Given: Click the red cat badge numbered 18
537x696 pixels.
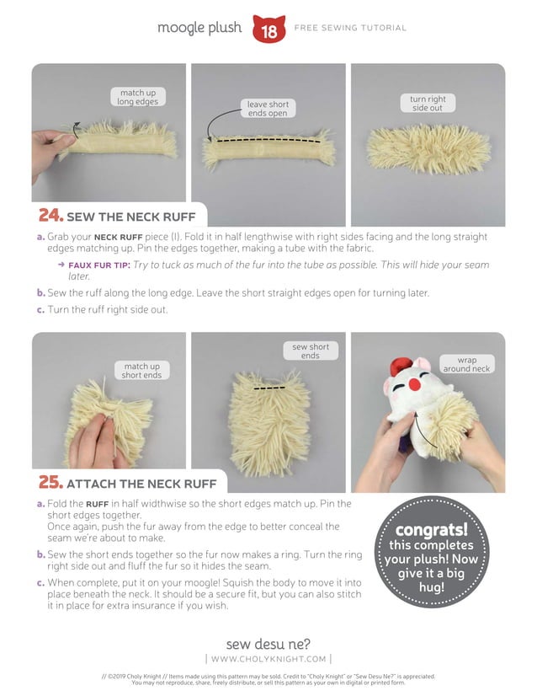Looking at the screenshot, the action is coord(268,29).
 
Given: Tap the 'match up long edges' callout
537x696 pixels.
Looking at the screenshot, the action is coord(138,97).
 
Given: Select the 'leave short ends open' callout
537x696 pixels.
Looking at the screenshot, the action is coord(268,109).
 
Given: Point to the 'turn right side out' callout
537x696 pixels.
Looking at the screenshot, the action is coord(428,103).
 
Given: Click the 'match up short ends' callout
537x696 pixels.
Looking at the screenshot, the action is coord(142,370).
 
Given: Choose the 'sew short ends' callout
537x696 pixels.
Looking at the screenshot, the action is coord(311,351).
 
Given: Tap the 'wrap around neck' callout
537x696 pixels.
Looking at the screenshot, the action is coord(467,364).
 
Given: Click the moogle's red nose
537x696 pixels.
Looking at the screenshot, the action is coord(415,384).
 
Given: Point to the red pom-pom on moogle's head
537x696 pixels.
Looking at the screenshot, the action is coord(401,366).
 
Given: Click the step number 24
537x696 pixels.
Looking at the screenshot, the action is coord(51,215).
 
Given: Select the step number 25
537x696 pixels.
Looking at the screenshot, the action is coord(51,482).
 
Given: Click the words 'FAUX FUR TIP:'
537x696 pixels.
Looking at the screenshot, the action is coord(99,265).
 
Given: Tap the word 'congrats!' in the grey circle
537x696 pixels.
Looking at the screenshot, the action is coord(432,529).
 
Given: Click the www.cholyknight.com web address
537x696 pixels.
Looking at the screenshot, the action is coord(268,659).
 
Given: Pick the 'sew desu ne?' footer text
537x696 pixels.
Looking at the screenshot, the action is coord(268,644).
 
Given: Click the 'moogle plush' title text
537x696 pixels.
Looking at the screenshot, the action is coord(199,28).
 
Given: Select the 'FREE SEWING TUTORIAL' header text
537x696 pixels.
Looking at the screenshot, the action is coord(350,28).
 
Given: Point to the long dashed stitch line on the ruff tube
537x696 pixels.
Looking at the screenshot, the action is coord(268,140).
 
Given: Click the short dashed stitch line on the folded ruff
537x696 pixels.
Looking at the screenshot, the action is coord(269,388).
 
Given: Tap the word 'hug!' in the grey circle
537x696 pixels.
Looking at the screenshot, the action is coord(432,587).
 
